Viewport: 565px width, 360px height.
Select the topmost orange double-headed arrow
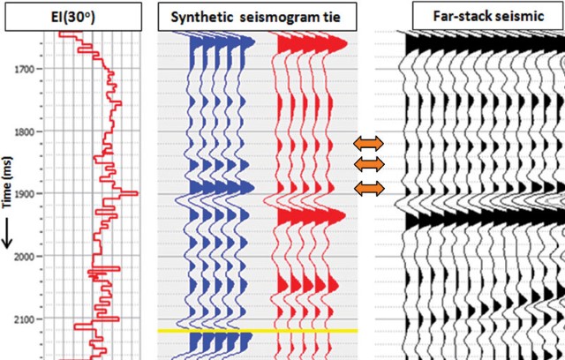tap(370, 143)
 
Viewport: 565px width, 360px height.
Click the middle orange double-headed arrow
tap(370, 164)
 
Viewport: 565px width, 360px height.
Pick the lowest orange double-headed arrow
tap(370, 188)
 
